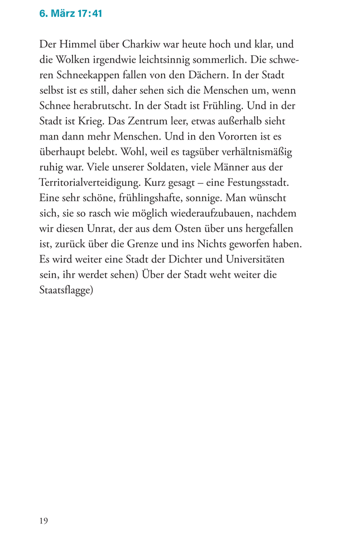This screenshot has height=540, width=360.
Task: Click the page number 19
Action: tap(44, 520)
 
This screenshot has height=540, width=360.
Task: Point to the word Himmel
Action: tap(78, 44)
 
